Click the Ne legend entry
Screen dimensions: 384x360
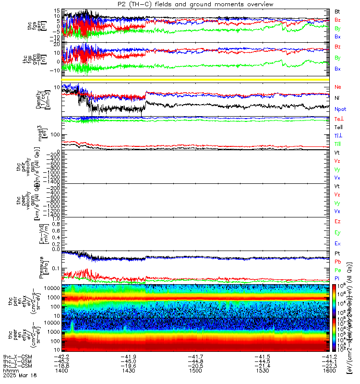pyautogui.click(x=337, y=87)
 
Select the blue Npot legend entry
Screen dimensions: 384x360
pyautogui.click(x=340, y=109)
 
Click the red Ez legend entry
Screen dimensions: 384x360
pyautogui.click(x=337, y=221)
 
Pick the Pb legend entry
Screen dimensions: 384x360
pyautogui.click(x=337, y=262)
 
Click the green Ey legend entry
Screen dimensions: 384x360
pyautogui.click(x=337, y=232)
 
